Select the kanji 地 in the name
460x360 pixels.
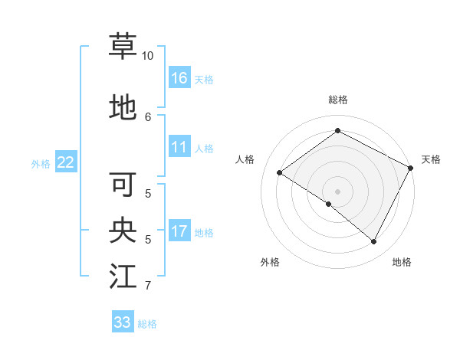point(123,107)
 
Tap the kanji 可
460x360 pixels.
point(123,184)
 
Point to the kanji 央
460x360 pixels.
point(123,230)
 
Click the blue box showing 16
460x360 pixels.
point(179,78)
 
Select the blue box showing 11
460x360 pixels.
point(179,148)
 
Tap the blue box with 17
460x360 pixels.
point(179,232)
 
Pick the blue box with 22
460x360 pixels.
point(66,162)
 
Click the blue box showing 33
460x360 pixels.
point(123,322)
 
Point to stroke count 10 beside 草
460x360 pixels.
point(148,57)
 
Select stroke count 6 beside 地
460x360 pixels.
point(148,116)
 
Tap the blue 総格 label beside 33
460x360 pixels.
point(147,324)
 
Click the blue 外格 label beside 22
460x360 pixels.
point(41,163)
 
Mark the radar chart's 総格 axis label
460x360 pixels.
point(337,100)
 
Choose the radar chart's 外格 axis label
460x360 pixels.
point(270,263)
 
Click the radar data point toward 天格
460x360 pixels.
point(411,168)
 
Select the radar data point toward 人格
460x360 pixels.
point(280,173)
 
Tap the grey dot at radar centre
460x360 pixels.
point(337,191)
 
